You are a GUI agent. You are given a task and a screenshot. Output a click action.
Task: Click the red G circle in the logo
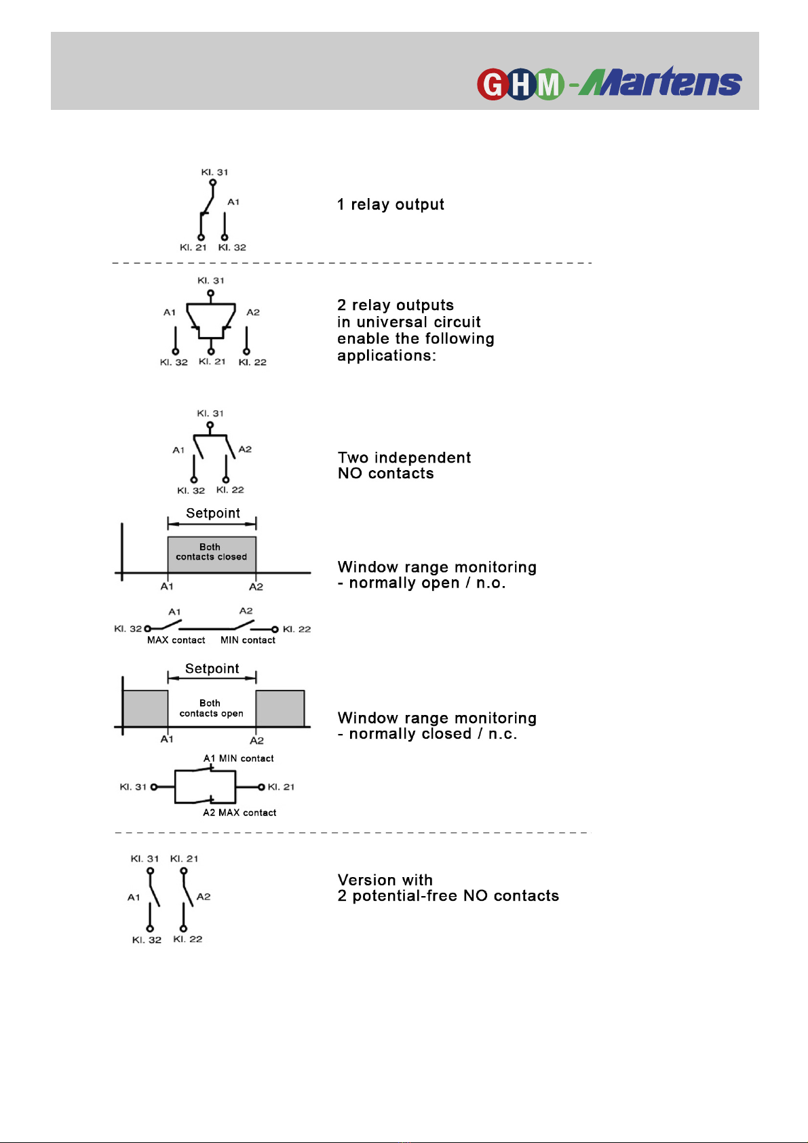click(493, 84)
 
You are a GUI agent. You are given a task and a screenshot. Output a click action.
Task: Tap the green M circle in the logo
click(549, 84)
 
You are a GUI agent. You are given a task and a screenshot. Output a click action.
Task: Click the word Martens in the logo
click(660, 81)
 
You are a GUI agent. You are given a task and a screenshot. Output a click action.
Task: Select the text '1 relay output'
click(391, 205)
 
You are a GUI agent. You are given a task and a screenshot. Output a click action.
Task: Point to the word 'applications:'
click(387, 355)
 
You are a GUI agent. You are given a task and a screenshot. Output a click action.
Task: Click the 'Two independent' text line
click(404, 457)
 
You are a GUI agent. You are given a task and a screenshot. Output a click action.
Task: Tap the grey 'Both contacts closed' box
click(212, 554)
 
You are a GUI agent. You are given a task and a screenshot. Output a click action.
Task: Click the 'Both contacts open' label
click(211, 708)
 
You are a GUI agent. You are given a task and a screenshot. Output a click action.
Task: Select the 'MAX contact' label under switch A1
click(176, 640)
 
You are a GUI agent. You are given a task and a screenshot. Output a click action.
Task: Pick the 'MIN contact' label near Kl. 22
click(248, 640)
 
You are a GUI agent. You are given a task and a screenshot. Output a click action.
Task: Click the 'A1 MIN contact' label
click(238, 758)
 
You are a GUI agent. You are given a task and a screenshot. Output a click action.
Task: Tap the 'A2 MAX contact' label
click(239, 813)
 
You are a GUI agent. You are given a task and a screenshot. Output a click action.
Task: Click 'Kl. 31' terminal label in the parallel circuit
click(133, 787)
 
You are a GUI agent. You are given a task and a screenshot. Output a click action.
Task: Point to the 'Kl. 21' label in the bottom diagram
click(184, 859)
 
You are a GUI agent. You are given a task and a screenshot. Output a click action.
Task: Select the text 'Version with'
click(385, 880)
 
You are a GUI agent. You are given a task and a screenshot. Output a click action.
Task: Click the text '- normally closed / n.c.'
click(427, 734)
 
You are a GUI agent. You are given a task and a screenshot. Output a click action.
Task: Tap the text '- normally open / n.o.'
click(421, 583)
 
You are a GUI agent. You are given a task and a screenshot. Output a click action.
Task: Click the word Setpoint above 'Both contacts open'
click(212, 668)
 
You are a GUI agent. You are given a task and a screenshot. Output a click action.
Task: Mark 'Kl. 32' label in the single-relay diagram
click(232, 248)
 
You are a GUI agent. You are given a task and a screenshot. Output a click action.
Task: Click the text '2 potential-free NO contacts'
click(448, 895)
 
